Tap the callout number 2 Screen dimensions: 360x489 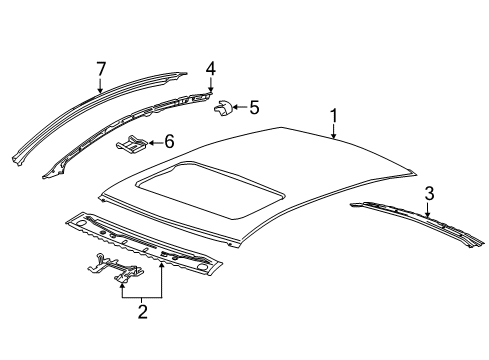[141, 313]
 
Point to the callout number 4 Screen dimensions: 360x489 [210, 68]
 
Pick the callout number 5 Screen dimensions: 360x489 [253, 105]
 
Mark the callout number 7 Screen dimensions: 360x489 [100, 68]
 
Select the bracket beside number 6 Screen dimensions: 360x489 [132, 148]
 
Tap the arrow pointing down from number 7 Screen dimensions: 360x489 [100, 84]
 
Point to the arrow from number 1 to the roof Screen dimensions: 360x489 [334, 127]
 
